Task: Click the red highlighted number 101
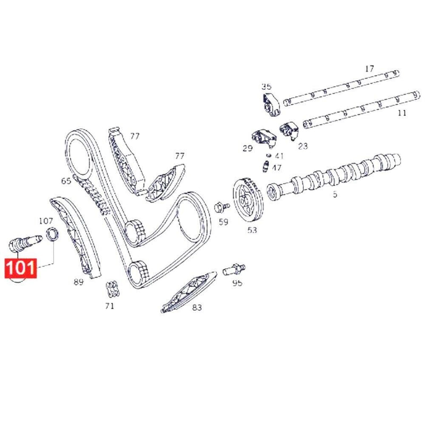21,268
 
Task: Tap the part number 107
46,220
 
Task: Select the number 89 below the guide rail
79,283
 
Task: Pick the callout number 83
197,307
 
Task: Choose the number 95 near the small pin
237,283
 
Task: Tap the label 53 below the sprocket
252,229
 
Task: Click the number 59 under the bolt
223,222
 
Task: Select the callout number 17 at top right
369,69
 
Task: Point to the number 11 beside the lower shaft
401,113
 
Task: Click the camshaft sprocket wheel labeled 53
246,201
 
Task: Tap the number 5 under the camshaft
335,194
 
